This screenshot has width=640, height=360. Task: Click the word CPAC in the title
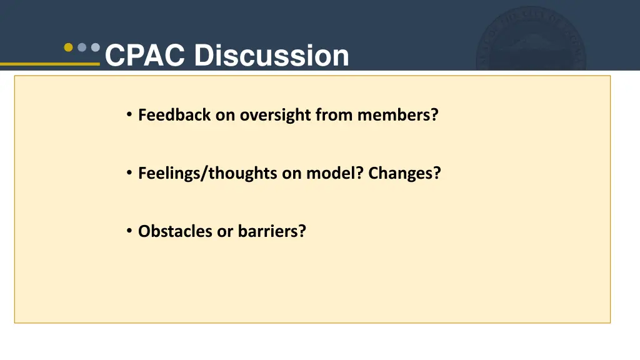click(x=145, y=55)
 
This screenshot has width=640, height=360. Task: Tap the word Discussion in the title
click(x=271, y=55)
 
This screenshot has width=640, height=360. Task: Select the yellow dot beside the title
click(x=69, y=47)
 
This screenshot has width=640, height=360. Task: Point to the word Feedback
click(x=174, y=115)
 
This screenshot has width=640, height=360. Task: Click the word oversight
click(x=276, y=116)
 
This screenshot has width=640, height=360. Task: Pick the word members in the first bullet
click(x=393, y=115)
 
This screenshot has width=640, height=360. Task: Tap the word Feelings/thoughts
click(x=207, y=173)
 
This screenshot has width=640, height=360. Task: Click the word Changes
click(x=400, y=174)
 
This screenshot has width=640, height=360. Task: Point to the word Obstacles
click(x=175, y=231)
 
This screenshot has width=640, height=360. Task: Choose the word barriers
click(x=267, y=231)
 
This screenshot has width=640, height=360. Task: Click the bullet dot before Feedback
click(x=129, y=114)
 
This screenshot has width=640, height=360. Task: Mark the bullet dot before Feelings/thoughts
click(x=129, y=172)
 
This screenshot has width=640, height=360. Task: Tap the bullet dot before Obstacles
click(x=129, y=231)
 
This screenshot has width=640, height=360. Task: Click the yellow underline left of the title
click(x=50, y=64)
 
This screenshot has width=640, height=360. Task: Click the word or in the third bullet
click(x=224, y=232)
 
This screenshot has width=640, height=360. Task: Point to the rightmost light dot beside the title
click(x=96, y=47)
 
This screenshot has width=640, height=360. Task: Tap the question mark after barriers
click(x=302, y=231)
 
